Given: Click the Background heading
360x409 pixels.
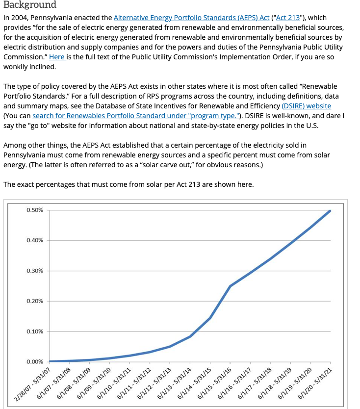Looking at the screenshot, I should (30, 5).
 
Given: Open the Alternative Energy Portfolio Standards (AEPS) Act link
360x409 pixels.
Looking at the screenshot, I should (191, 18).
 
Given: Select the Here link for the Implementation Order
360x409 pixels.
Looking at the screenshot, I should (56, 57).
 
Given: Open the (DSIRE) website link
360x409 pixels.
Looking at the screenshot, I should (306, 106).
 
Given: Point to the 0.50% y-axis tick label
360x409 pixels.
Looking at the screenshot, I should (35, 210).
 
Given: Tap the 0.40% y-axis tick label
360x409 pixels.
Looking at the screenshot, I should (35, 240).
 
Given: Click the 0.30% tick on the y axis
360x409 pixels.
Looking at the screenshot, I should (35, 271).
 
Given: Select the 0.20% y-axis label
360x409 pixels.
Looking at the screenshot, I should (35, 301).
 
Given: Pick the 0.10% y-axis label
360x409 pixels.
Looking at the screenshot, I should (35, 332).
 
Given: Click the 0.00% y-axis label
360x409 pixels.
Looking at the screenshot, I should (35, 362).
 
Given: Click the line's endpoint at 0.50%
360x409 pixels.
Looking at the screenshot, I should (330, 211).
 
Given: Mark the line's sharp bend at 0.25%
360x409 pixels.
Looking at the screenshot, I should (230, 286).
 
